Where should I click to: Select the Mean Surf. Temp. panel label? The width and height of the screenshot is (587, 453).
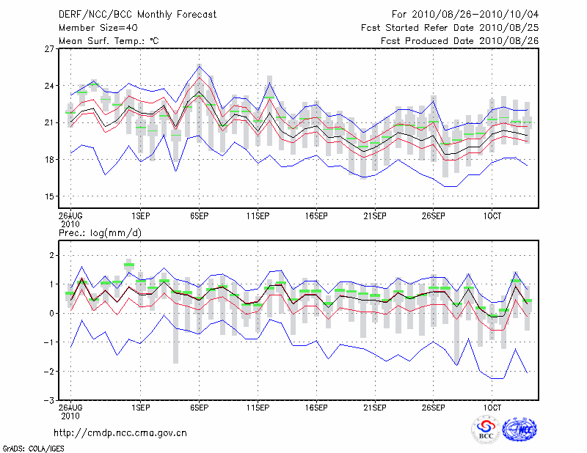(x=109, y=40)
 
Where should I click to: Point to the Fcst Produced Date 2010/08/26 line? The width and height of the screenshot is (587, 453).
(x=460, y=40)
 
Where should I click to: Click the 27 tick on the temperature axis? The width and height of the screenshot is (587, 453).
(x=51, y=49)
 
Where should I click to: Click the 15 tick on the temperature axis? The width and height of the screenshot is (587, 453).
(x=51, y=196)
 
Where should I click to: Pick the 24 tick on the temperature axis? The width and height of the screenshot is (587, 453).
(x=51, y=86)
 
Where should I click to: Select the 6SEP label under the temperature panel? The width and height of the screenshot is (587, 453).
(x=199, y=216)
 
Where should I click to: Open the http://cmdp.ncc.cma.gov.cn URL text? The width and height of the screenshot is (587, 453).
(x=120, y=432)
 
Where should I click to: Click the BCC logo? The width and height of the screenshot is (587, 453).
(x=486, y=430)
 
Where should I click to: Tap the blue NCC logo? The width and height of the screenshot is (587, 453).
(x=519, y=430)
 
